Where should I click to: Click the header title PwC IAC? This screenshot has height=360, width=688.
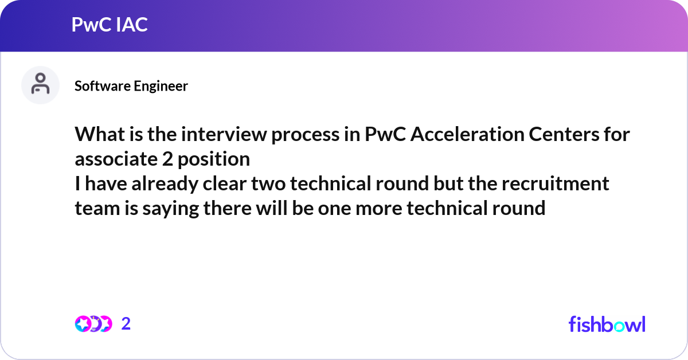pyautogui.click(x=110, y=24)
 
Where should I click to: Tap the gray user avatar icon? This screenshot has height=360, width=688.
pyautogui.click(x=40, y=85)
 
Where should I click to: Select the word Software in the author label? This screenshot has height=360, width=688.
pyautogui.click(x=102, y=86)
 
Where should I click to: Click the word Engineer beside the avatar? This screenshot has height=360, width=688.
pyautogui.click(x=161, y=87)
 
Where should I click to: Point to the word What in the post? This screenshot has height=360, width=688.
pyautogui.click(x=100, y=134)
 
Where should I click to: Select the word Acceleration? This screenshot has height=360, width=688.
pyautogui.click(x=467, y=134)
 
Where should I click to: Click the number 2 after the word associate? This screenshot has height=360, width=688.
pyautogui.click(x=167, y=159)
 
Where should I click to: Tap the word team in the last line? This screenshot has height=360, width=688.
pyautogui.click(x=97, y=208)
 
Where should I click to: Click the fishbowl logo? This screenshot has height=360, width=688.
pyautogui.click(x=607, y=324)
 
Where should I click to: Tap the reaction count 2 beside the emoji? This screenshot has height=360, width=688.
pyautogui.click(x=126, y=324)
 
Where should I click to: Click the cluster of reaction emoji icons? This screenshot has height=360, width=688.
pyautogui.click(x=93, y=324)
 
